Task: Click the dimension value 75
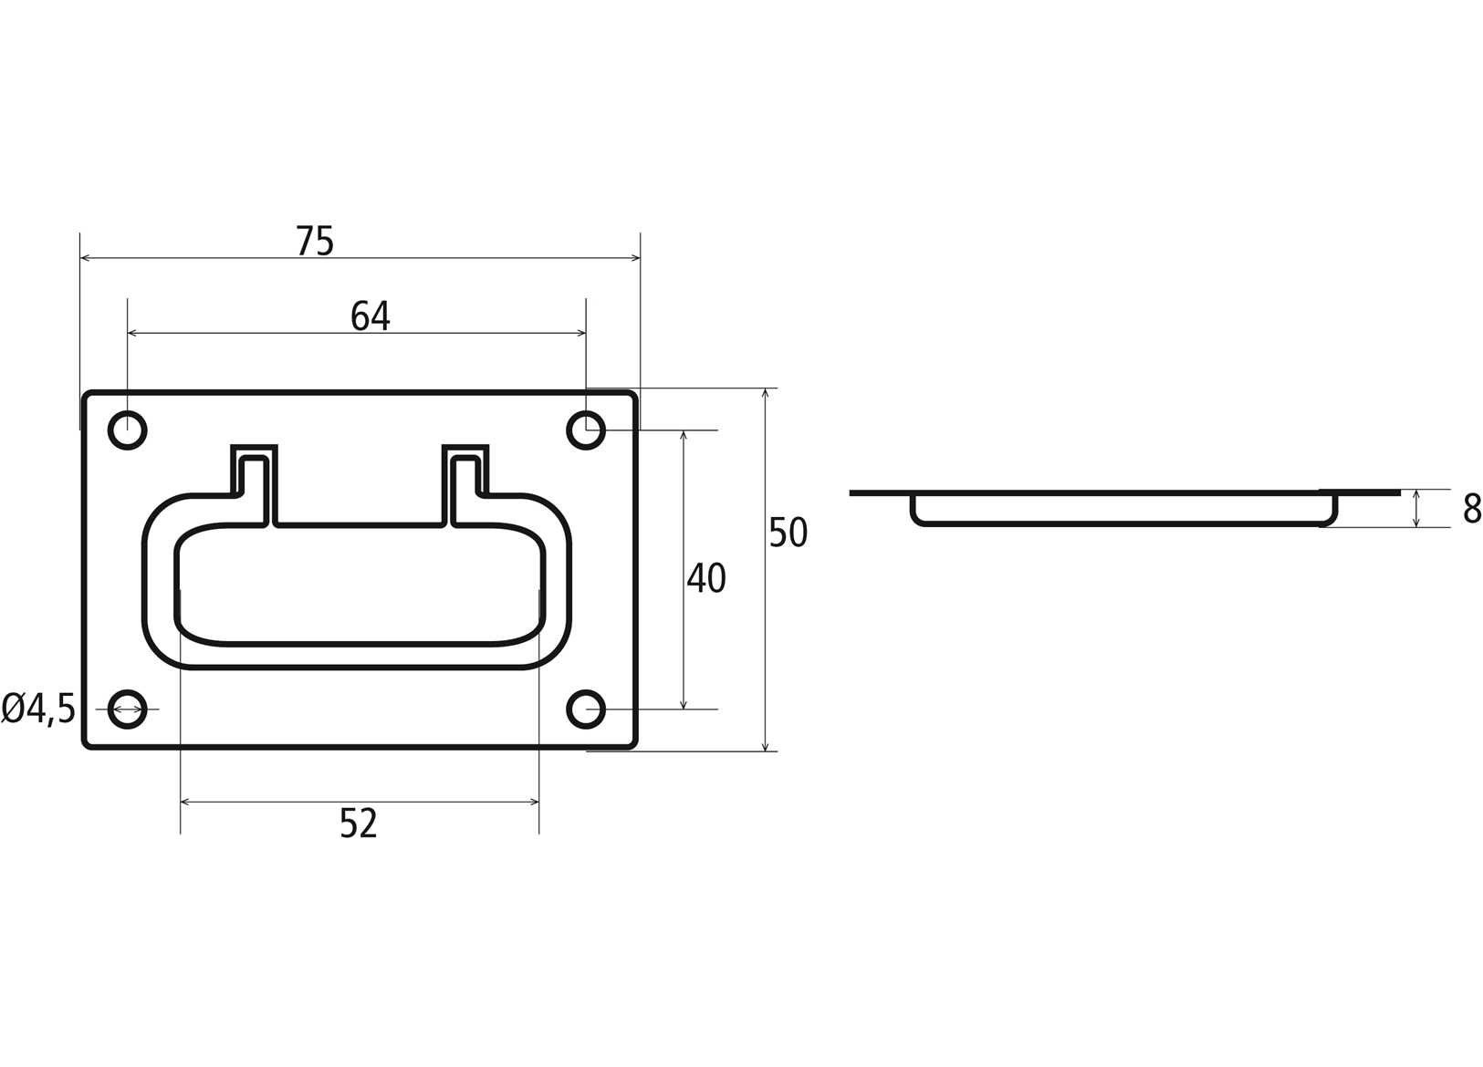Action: tap(315, 241)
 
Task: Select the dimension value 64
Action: tap(371, 316)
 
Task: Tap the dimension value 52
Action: tap(358, 824)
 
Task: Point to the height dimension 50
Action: tap(788, 533)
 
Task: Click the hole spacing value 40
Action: tap(705, 578)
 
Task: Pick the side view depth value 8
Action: tap(1471, 509)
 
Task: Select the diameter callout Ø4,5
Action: tap(38, 709)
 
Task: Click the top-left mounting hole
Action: tap(128, 430)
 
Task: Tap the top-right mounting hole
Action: tap(586, 430)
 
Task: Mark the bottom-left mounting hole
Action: tap(128, 709)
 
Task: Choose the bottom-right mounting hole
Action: tap(586, 709)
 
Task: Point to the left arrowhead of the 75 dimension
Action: tap(85, 258)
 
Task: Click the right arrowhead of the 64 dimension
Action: tap(581, 334)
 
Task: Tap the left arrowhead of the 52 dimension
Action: tap(185, 803)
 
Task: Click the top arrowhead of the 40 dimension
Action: tap(684, 435)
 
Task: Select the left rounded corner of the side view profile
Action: tap(916, 519)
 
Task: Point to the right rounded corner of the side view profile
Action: tap(1332, 519)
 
